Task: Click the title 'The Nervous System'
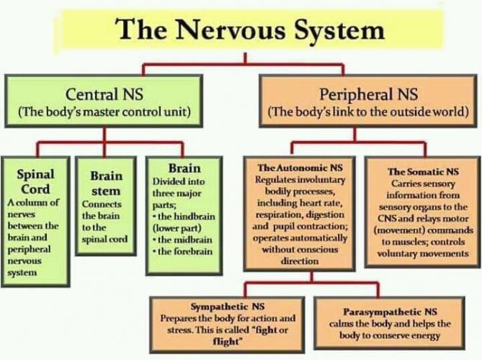click(x=249, y=30)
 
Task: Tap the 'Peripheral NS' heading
click(x=367, y=94)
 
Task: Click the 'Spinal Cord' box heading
click(x=35, y=181)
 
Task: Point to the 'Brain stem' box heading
click(x=106, y=183)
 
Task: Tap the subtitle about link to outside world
click(x=367, y=112)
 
